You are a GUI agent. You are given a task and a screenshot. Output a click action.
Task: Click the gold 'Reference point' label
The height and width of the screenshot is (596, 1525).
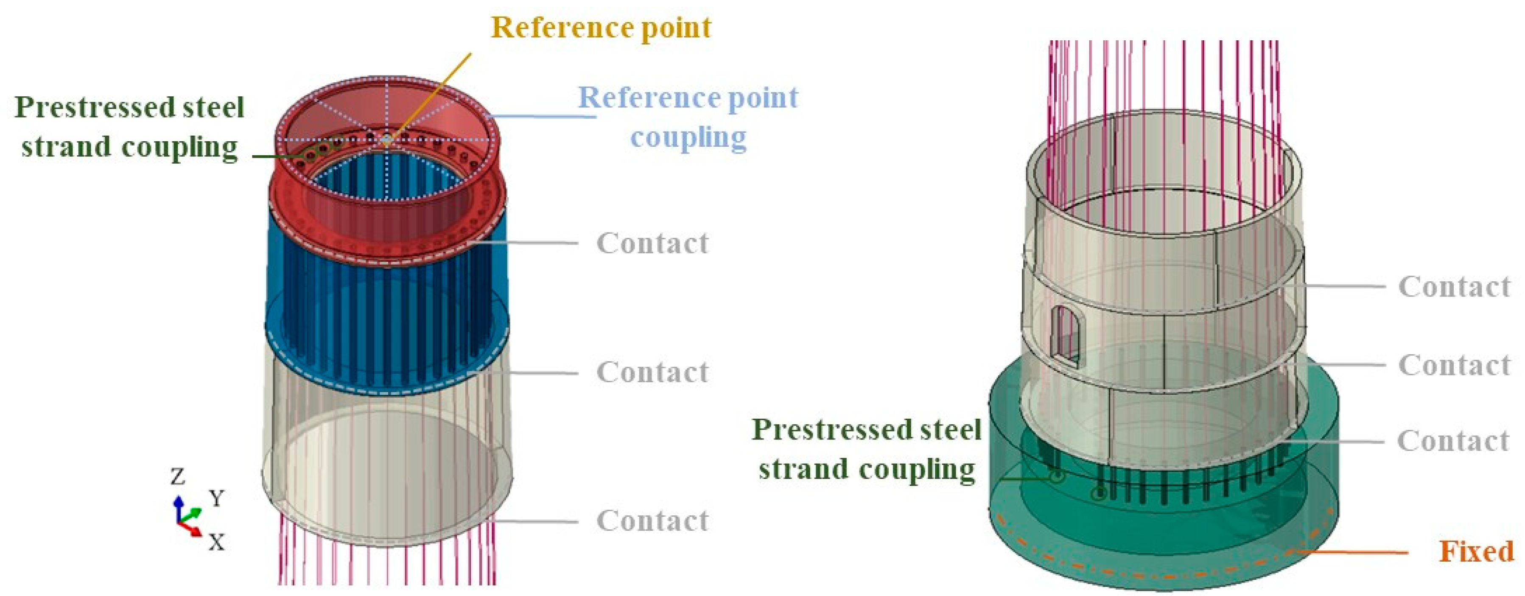pos(601,28)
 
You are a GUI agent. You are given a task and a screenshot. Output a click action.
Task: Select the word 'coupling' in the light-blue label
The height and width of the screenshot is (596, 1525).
pos(688,138)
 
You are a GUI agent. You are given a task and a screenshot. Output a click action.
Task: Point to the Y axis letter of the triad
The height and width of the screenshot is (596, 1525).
pos(217,498)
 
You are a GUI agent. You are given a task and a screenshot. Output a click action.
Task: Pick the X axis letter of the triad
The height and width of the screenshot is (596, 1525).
pos(217,542)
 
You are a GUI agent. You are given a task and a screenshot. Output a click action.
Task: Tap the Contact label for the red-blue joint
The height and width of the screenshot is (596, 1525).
pos(652,243)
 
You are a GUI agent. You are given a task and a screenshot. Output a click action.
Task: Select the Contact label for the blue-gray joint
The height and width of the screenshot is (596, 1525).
pos(652,372)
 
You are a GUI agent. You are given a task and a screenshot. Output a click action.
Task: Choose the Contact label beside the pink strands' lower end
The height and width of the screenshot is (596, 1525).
pos(652,521)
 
